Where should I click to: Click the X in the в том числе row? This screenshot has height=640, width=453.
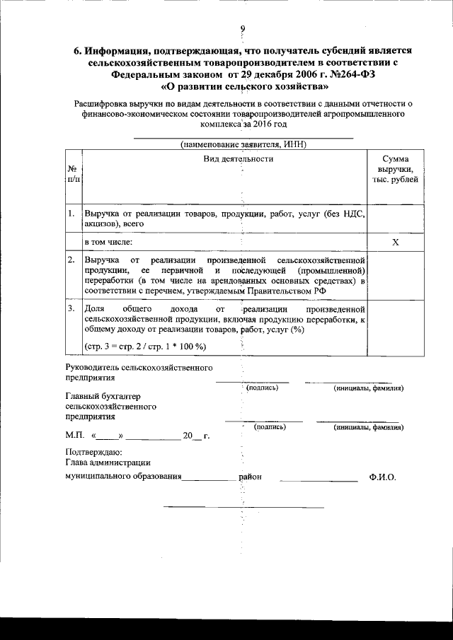pos(395,242)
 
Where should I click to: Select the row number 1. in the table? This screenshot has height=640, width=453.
pos(72,213)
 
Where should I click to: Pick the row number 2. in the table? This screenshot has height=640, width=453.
pos(71,260)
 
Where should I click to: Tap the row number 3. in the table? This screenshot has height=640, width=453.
pos(71,309)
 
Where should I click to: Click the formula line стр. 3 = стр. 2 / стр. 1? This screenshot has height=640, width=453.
pos(145,346)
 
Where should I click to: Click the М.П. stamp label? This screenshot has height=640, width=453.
pos(74,436)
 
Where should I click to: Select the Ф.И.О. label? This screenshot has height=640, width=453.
pos(382,477)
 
